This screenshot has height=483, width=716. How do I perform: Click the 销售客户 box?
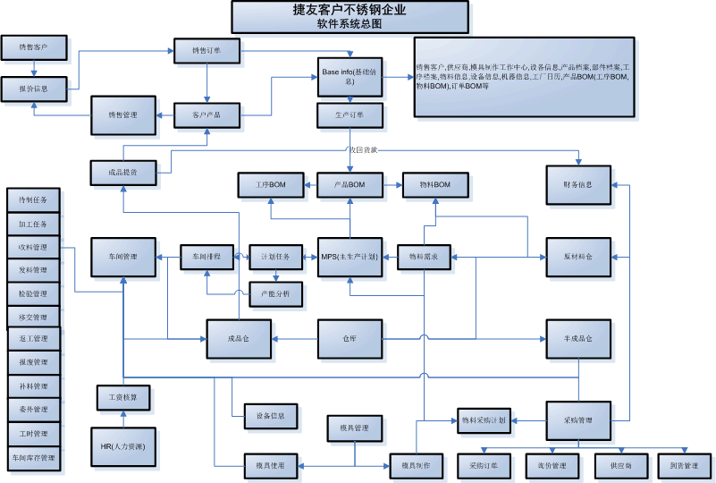click(x=35, y=47)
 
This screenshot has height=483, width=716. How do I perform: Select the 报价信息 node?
click(x=35, y=89)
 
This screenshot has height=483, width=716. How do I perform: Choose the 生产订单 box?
click(x=350, y=115)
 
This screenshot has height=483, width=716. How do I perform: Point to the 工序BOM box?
click(x=270, y=185)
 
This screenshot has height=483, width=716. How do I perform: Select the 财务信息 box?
click(x=578, y=184)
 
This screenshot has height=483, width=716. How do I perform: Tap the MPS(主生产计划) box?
click(x=350, y=258)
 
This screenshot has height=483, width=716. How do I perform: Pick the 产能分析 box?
click(x=275, y=292)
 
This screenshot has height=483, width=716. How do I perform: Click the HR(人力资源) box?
click(x=123, y=445)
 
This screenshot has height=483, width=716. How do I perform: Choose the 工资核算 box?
click(x=123, y=395)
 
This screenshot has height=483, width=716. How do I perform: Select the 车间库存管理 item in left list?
click(x=33, y=457)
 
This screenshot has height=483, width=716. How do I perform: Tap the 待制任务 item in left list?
click(x=33, y=200)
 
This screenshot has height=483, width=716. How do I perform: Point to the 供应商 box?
click(x=622, y=466)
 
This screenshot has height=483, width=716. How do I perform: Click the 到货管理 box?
click(x=684, y=466)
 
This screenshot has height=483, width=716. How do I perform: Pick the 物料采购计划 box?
click(x=484, y=419)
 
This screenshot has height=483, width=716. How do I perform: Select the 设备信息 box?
click(x=271, y=416)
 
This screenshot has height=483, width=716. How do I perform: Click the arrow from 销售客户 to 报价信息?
click(x=35, y=68)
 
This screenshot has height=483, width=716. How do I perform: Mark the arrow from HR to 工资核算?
click(x=123, y=419)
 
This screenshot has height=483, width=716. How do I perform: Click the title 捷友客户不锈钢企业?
click(x=350, y=11)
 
